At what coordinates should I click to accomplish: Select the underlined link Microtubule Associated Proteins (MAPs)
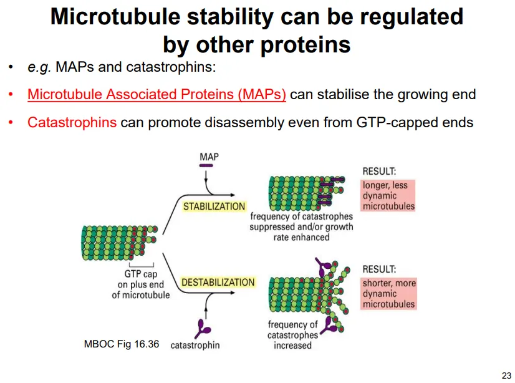pos(156,95)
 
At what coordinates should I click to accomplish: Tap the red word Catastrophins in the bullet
pos(72,122)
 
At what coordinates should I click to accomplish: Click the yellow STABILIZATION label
pos(214,206)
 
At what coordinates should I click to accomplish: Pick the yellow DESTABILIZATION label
pos(218,283)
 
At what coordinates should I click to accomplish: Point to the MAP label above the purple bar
pos(209,157)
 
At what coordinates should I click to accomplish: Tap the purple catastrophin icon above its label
pos(200,327)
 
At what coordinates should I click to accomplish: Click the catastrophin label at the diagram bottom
pos(195,344)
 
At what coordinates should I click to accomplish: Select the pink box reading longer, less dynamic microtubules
pos(388,195)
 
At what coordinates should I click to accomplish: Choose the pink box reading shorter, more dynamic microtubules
pos(388,294)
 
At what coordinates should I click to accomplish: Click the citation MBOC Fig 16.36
pos(121,344)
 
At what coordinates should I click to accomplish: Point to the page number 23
pos(506,375)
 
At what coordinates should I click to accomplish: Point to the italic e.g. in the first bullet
pos(39,67)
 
